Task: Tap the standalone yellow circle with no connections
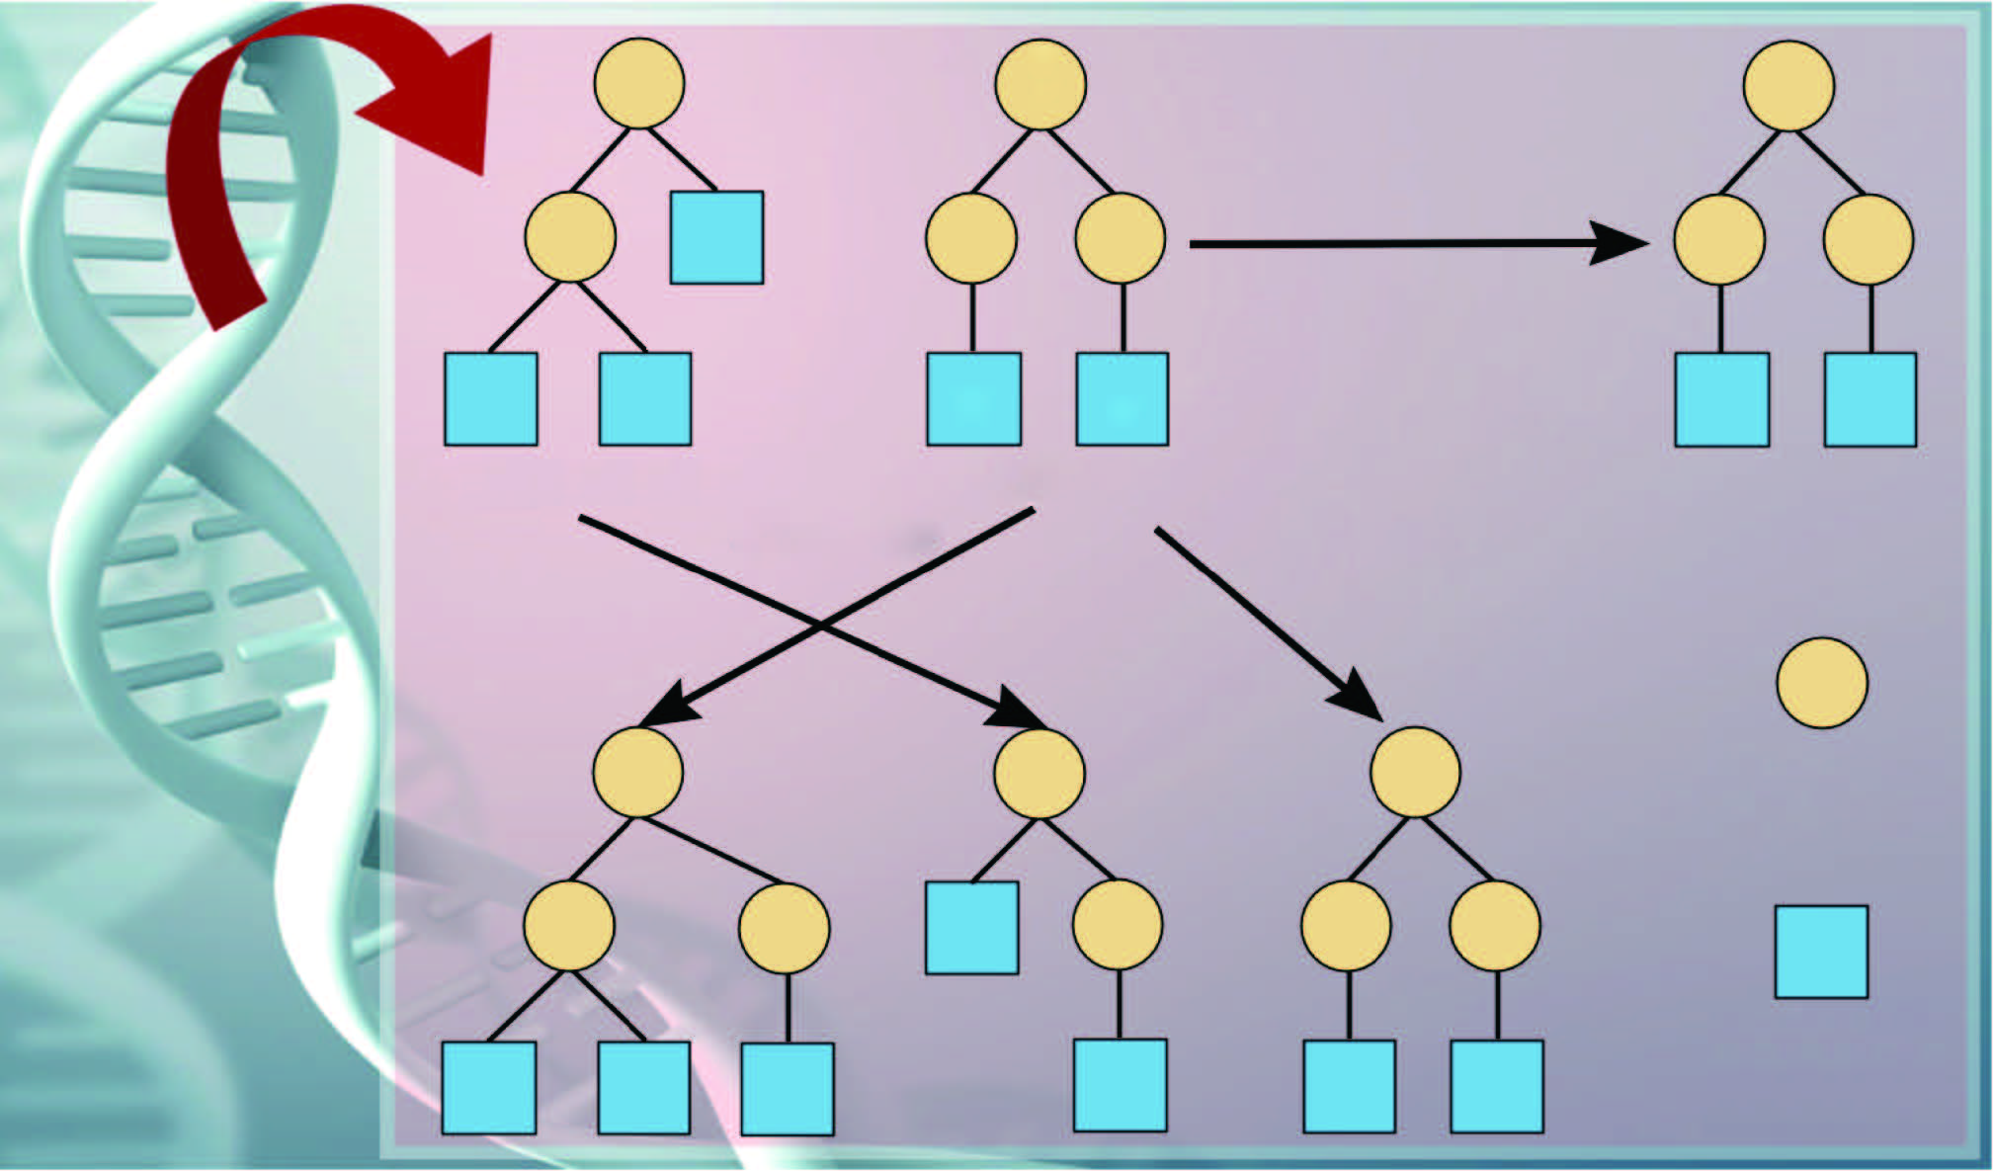click(x=1821, y=683)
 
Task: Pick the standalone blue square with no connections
click(x=1821, y=952)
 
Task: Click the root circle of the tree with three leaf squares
click(x=637, y=773)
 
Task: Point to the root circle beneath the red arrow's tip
click(x=638, y=83)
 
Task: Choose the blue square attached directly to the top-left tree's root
click(x=716, y=237)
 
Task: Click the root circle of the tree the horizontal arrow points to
click(x=1788, y=85)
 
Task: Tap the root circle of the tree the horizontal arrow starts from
click(x=1040, y=84)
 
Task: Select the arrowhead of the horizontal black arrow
click(x=1620, y=243)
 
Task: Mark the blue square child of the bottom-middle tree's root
click(x=971, y=928)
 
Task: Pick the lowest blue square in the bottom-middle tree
click(x=1120, y=1084)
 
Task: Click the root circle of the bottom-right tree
click(x=1415, y=772)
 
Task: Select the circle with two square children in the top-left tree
click(x=570, y=237)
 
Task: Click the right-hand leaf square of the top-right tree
click(x=1870, y=400)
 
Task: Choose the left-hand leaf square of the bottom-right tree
click(x=1349, y=1086)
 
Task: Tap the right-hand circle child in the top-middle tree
click(x=1120, y=239)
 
